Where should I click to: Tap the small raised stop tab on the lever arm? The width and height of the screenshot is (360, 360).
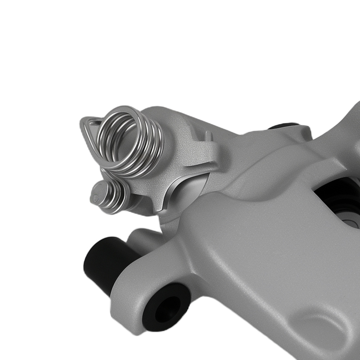click(x=208, y=136)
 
